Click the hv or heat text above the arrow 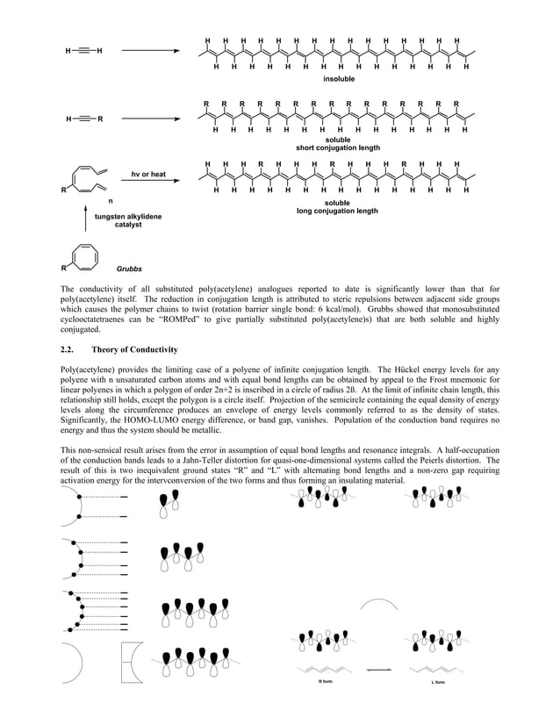pyautogui.click(x=147, y=174)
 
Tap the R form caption pyautogui.click(x=324, y=681)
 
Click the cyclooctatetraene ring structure pyautogui.click(x=85, y=255)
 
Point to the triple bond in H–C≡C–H pyautogui.click(x=83, y=51)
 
